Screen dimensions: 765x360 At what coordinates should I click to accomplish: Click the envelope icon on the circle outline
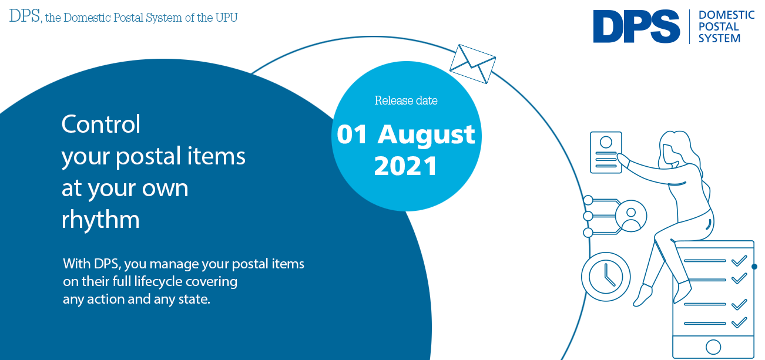coord(472,64)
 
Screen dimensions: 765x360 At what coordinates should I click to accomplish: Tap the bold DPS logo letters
coord(636,26)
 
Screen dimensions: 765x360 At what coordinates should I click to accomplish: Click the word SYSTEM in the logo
coord(719,38)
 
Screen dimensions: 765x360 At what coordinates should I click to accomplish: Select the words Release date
coord(406,100)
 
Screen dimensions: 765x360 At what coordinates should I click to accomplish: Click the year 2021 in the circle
coord(405,166)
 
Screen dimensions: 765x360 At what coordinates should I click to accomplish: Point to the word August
coord(426,136)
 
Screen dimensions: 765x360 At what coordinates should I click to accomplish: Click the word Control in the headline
coord(100,124)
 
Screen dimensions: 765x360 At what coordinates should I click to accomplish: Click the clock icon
coord(606,277)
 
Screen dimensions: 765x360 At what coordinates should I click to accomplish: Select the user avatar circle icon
coord(631,216)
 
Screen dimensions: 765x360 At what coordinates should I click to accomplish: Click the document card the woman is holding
coord(606,152)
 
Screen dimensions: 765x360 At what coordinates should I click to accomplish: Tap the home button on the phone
coord(713,347)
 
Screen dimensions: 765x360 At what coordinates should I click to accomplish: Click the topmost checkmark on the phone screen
coord(739,261)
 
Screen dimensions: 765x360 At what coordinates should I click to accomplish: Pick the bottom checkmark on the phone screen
coord(739,322)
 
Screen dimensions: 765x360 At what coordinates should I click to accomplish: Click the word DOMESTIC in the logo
coord(726,15)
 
